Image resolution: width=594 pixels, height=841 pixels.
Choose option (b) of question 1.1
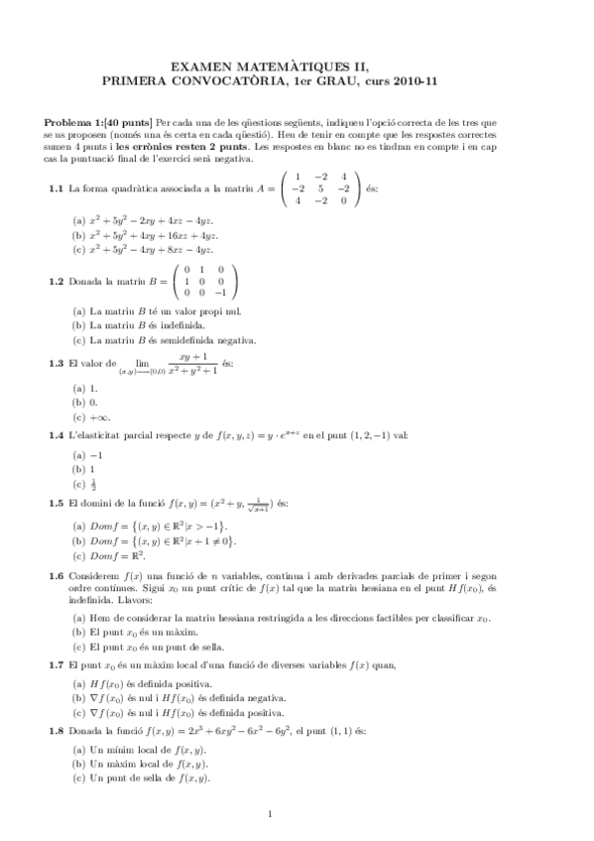(148, 235)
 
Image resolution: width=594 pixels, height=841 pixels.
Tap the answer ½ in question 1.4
(94, 485)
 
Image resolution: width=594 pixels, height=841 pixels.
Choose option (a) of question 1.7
(144, 683)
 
